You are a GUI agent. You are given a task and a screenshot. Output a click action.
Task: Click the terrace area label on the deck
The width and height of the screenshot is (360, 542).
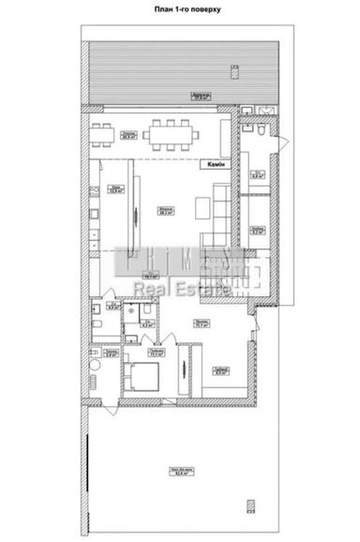(200, 96)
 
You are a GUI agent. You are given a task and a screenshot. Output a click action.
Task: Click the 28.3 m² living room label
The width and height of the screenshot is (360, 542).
(165, 211)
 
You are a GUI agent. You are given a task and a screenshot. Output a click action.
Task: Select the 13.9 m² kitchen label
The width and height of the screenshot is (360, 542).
(114, 189)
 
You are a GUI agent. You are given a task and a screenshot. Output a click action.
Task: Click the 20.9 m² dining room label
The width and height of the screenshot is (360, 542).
(127, 132)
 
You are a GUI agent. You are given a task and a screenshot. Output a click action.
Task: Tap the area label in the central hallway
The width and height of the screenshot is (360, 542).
(149, 276)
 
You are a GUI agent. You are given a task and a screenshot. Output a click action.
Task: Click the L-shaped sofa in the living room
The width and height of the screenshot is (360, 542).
(219, 211)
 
